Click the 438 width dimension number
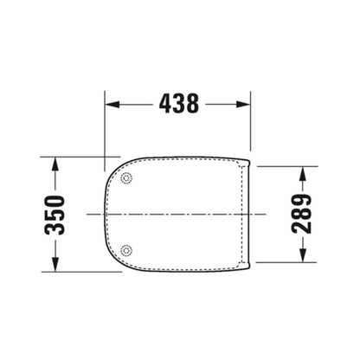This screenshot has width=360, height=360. pos(179,103)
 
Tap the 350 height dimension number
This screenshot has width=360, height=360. pos(55,215)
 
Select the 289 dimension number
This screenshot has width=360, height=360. pos(302,214)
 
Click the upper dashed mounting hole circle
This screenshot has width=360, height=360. pos(126,178)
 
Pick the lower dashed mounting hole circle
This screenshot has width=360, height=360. pos(126,250)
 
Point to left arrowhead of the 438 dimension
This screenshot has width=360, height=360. pos(112,104)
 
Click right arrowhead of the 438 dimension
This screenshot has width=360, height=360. pos(243,104)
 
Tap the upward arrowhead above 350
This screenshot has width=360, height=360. pos(55,164)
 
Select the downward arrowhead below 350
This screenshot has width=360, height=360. pos(55,264)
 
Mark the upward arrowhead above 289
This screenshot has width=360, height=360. pos(302,174)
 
